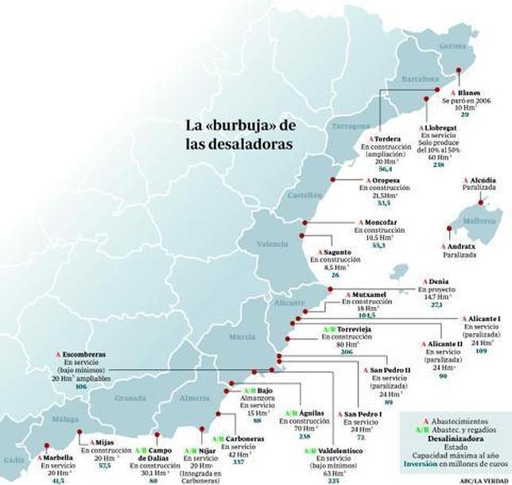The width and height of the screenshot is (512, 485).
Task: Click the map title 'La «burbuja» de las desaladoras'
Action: (x=239, y=134)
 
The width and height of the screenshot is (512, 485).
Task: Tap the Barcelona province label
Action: (x=419, y=80)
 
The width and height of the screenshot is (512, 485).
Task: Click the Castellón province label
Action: (x=304, y=194)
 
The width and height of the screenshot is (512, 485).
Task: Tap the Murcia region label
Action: (x=242, y=337)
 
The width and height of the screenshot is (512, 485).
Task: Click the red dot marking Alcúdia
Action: (x=481, y=203)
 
